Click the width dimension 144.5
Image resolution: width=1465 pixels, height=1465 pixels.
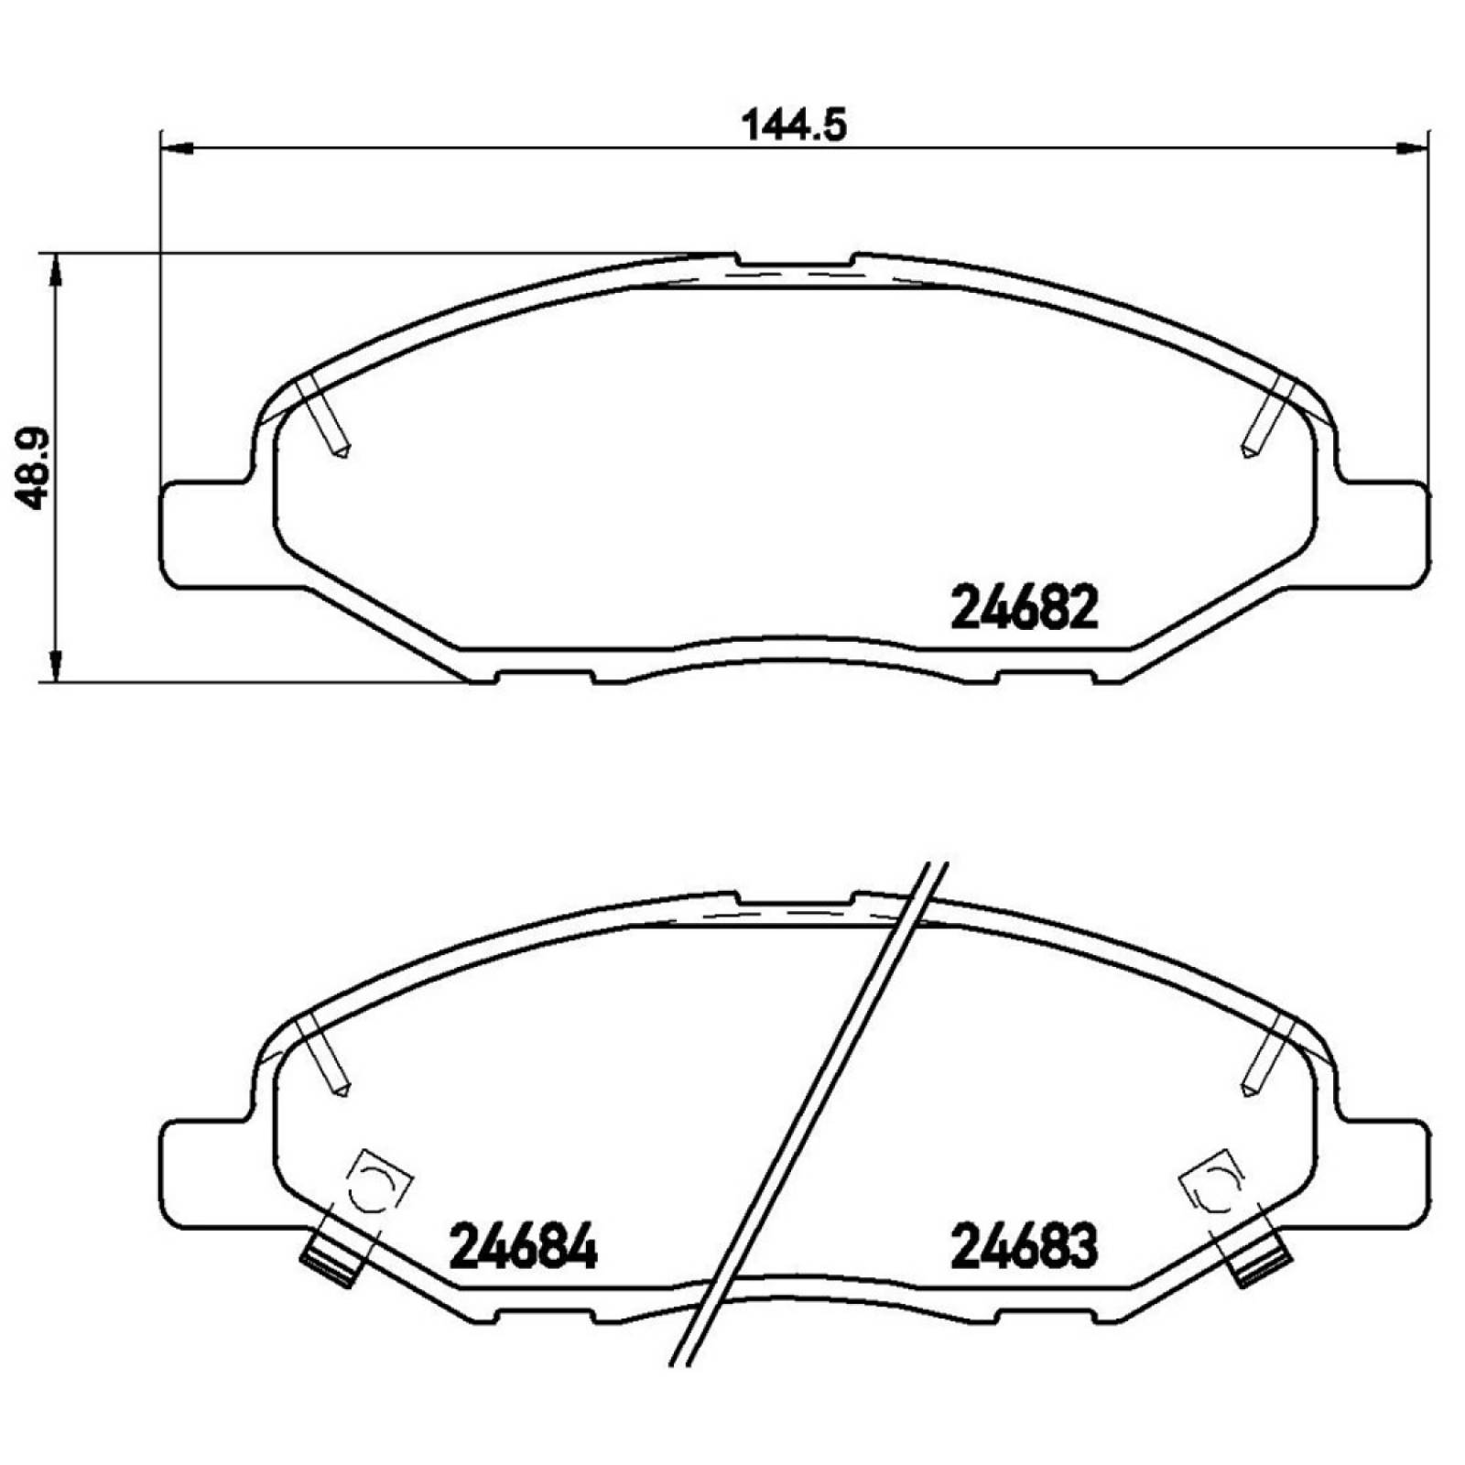click(794, 125)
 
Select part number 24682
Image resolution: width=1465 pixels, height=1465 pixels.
click(1025, 608)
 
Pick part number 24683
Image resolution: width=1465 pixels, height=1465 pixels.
click(1025, 1247)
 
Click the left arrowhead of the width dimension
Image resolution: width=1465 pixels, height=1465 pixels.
click(176, 146)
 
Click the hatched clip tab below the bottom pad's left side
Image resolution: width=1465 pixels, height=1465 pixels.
click(331, 1264)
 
